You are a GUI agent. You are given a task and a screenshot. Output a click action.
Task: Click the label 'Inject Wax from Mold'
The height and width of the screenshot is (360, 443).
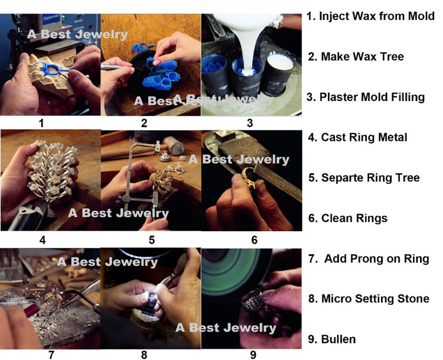377,16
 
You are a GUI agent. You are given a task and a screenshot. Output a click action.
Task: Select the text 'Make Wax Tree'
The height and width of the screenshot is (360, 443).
363,57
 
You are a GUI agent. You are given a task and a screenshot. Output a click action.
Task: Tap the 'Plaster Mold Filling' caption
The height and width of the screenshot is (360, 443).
372,97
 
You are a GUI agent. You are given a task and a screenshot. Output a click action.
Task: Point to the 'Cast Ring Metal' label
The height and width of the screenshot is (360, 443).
364,138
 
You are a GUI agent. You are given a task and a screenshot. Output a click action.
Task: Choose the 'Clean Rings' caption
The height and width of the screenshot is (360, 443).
354,218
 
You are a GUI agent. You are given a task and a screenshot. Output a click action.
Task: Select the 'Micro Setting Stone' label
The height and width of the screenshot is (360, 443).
375,299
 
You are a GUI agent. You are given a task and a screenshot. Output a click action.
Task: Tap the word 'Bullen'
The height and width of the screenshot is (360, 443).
338,339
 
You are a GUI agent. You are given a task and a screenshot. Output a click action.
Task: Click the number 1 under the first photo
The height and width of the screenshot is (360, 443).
41,124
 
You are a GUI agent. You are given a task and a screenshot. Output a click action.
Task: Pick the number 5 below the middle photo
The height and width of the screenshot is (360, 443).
152,240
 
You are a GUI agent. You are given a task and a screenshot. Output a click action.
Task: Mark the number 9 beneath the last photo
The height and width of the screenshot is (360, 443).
253,355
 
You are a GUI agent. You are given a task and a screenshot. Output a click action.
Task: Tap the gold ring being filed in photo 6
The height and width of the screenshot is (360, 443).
249,177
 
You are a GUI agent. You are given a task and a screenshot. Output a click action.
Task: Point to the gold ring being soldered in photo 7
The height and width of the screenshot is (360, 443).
53,301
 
